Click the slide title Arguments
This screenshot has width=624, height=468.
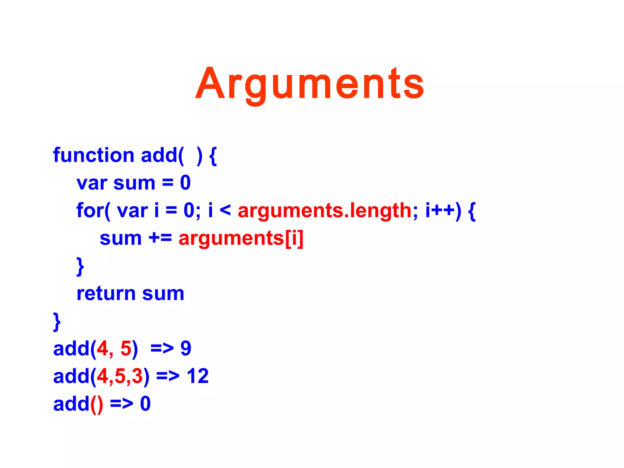coord(310,83)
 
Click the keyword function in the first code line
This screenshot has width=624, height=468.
coord(94,155)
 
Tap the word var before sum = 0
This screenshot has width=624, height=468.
coord(92,183)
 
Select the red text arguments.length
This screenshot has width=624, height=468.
coord(324,211)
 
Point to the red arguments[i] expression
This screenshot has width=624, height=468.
coord(241,239)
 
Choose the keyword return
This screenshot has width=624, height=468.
coord(106,294)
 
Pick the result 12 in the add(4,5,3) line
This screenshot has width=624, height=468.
coord(197,376)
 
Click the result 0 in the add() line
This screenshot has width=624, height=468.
coord(145,404)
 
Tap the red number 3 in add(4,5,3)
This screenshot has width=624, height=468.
coord(137,376)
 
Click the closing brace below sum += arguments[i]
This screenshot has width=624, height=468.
coord(80,266)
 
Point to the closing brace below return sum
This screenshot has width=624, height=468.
coord(57,322)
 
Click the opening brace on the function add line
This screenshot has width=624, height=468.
coord(213,156)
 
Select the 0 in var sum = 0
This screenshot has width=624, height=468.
coord(185,183)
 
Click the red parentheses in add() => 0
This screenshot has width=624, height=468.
coord(97,405)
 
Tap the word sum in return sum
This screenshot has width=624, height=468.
coord(163,294)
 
